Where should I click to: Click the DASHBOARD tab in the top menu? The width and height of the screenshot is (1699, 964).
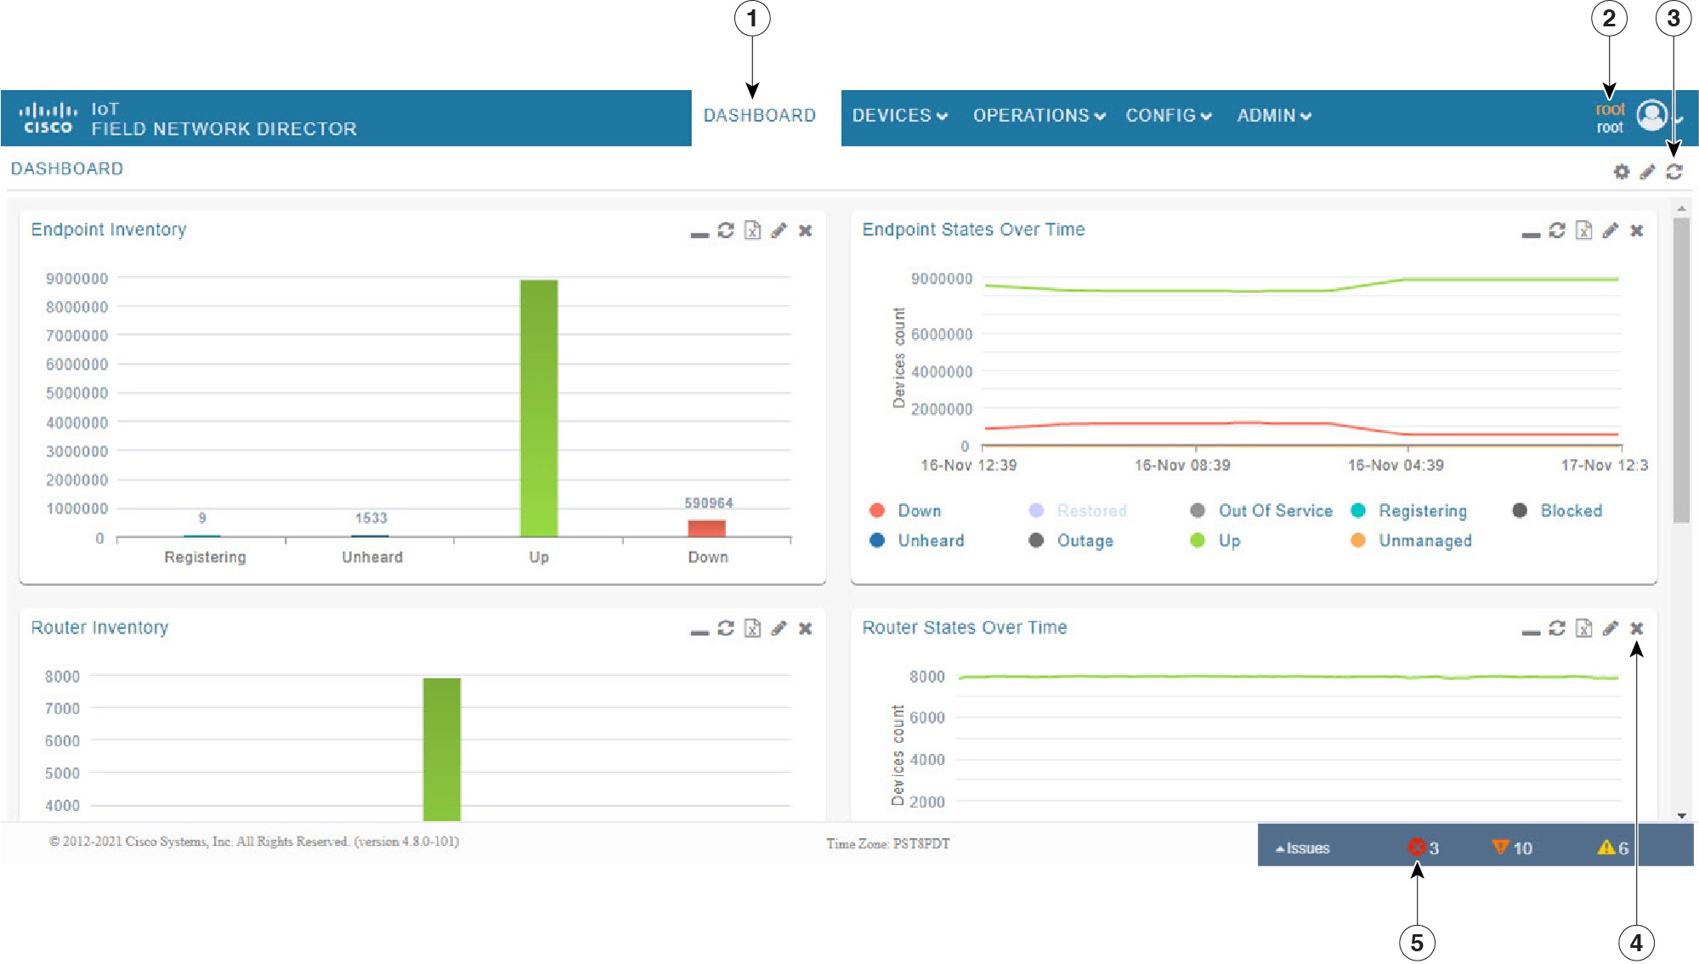tap(759, 116)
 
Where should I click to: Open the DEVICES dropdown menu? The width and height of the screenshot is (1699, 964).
tap(899, 116)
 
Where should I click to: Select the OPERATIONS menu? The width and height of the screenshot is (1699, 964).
tap(1039, 116)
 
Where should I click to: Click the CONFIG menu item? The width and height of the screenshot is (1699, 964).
tap(1168, 116)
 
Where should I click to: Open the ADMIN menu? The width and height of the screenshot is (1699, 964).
tap(1273, 116)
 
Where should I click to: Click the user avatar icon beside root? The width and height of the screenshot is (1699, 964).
tap(1651, 116)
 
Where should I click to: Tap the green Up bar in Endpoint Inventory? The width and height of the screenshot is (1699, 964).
tap(539, 408)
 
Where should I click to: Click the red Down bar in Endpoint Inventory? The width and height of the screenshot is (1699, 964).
tap(706, 528)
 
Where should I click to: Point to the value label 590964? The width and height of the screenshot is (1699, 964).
tap(708, 503)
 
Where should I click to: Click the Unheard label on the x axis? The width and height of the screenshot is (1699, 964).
tap(372, 557)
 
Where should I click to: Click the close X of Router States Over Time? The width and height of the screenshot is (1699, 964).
tap(1636, 628)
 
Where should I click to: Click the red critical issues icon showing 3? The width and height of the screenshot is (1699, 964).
tap(1416, 848)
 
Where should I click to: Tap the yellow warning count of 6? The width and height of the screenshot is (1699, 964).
tap(1613, 848)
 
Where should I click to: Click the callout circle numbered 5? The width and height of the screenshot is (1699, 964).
tap(1416, 942)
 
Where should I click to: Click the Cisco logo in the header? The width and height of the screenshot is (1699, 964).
tap(48, 118)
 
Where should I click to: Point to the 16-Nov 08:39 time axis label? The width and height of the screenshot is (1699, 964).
tap(1181, 465)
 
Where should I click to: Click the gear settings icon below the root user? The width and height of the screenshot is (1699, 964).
tap(1621, 172)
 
